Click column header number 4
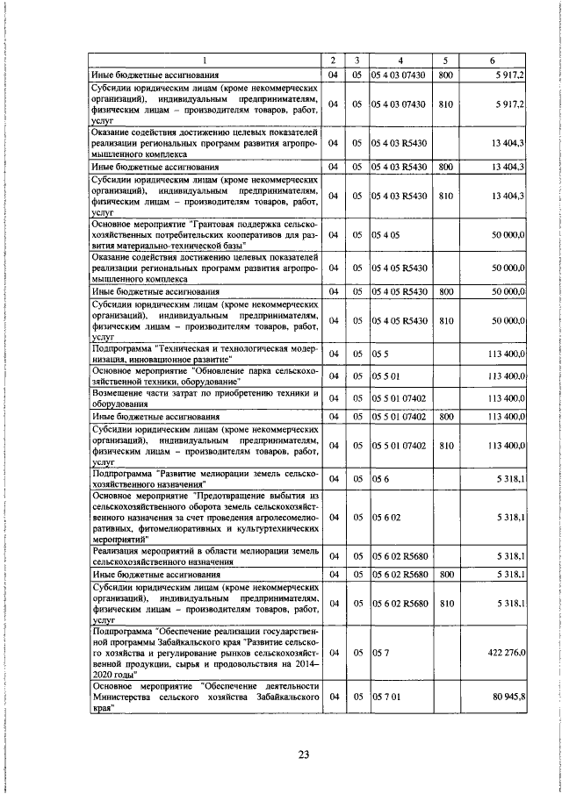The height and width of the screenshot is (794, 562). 400,61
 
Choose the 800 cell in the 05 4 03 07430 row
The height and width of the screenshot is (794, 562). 445,76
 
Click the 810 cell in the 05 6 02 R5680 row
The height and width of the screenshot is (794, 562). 445,604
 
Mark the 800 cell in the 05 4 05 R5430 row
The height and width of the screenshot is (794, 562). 445,290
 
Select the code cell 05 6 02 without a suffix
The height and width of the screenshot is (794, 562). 386,519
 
